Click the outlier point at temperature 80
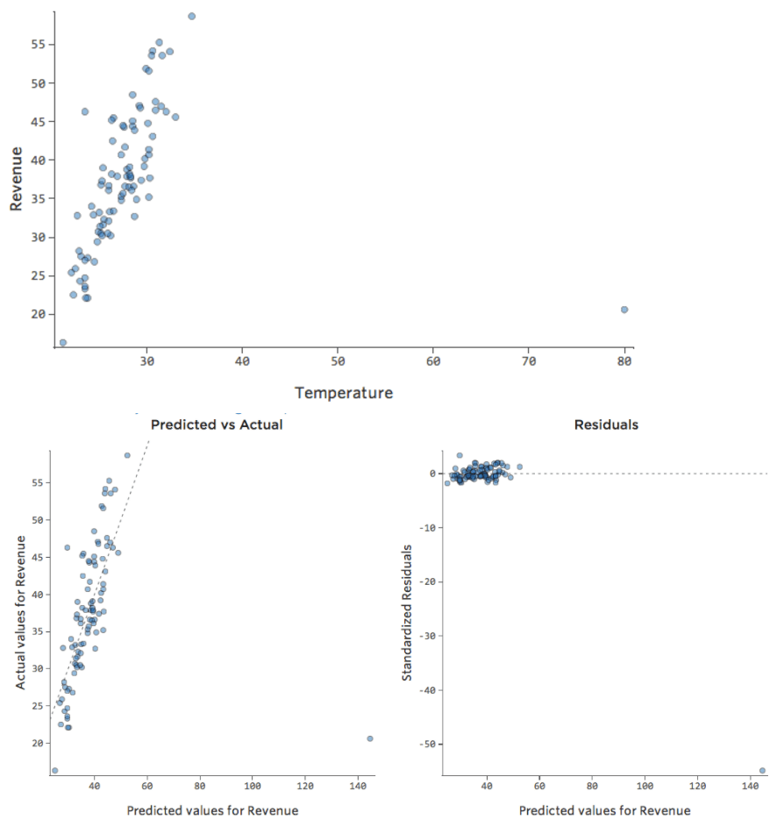[x=624, y=310]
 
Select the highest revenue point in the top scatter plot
[x=191, y=16]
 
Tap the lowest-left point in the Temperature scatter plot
[x=62, y=343]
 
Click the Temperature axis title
[x=344, y=393]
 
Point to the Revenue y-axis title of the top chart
[x=16, y=179]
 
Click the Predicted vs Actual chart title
[x=217, y=424]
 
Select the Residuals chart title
[x=606, y=424]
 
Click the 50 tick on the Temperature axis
[x=339, y=361]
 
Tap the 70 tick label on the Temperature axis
[x=529, y=361]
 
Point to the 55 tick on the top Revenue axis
[x=38, y=45]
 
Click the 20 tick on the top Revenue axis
[x=38, y=314]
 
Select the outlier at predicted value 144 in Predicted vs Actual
[x=370, y=738]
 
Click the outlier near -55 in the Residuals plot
[x=762, y=770]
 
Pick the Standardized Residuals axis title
[x=408, y=612]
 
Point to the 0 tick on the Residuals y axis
[x=432, y=474]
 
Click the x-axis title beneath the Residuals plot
[x=604, y=810]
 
